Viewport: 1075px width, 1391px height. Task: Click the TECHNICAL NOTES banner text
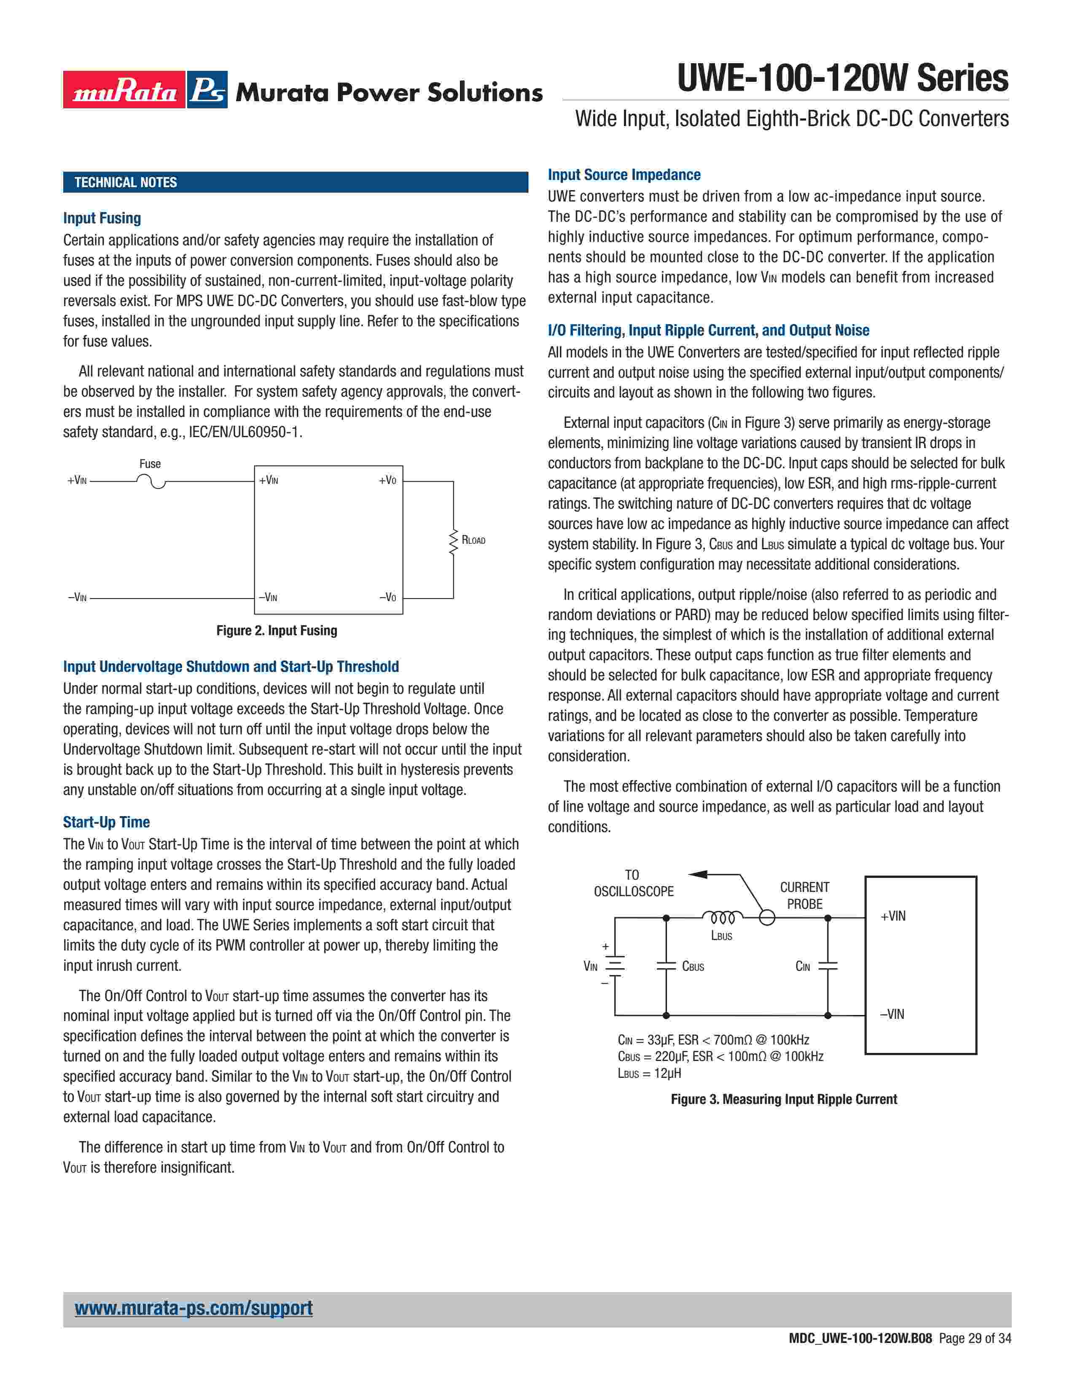click(x=126, y=183)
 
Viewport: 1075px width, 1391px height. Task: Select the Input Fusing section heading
click(x=102, y=218)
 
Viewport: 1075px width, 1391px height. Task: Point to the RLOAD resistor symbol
click(x=454, y=541)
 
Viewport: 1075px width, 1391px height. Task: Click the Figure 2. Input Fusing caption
click(x=277, y=631)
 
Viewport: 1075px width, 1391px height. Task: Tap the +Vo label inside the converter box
click(x=387, y=480)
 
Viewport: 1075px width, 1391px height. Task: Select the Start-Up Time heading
click(x=106, y=822)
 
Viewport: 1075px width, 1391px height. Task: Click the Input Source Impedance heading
click(x=624, y=175)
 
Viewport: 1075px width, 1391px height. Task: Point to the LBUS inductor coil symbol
click(x=722, y=918)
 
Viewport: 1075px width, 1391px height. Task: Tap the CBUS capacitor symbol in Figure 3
click(x=666, y=966)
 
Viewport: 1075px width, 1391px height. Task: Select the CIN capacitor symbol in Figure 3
click(x=828, y=966)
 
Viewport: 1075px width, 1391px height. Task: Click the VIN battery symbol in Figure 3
click(x=615, y=966)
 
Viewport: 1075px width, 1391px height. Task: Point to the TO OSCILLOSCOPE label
click(x=633, y=883)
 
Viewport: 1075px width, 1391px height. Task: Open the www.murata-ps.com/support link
click(x=193, y=1308)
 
